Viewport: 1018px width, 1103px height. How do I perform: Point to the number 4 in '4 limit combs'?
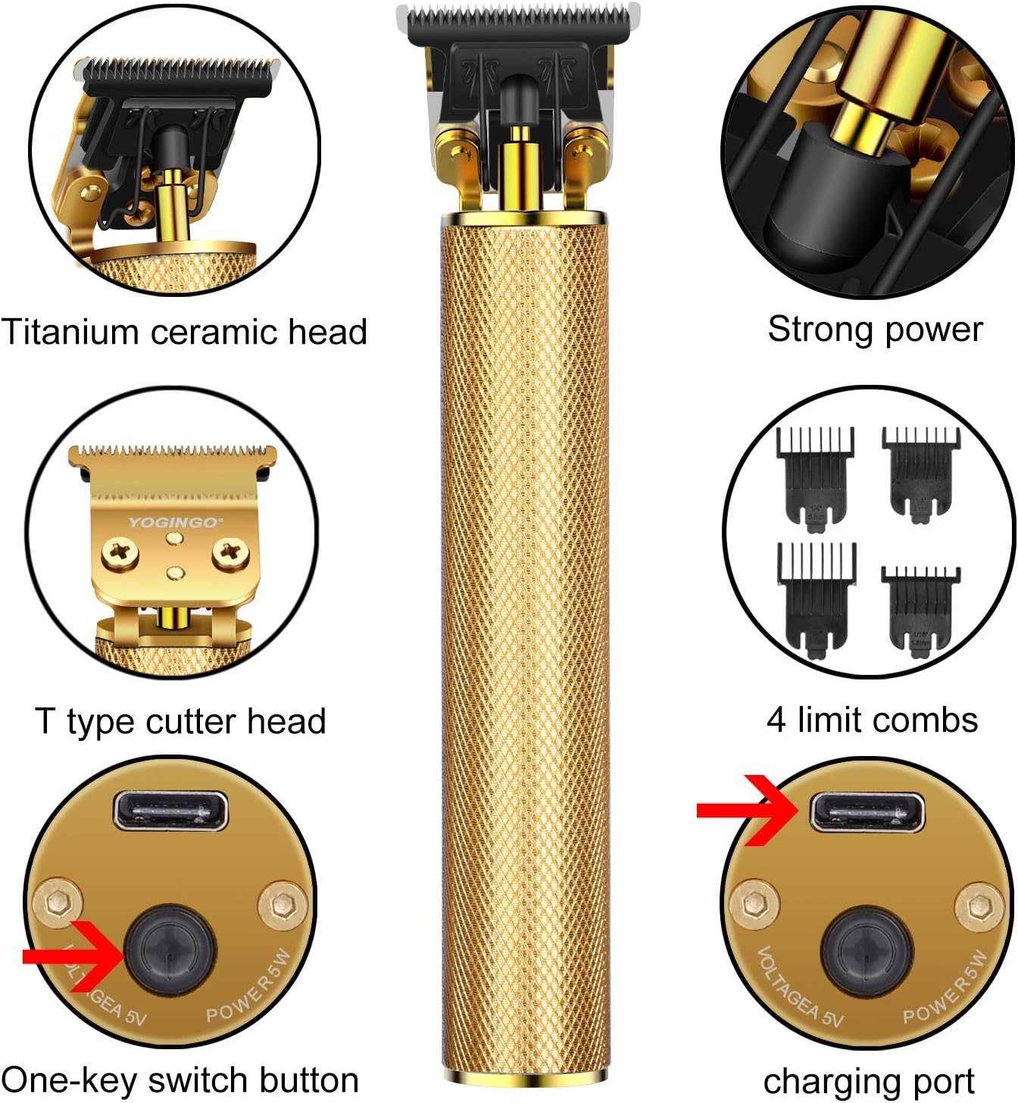point(776,720)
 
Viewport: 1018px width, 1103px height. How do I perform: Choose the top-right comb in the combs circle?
point(920,470)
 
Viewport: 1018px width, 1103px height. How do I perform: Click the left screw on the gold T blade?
point(120,552)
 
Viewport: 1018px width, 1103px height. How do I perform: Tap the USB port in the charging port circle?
point(867,812)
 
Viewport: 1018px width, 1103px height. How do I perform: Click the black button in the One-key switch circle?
point(170,949)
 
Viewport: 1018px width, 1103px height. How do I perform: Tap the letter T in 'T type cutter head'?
point(45,720)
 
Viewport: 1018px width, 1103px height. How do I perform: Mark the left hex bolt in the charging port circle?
point(754,903)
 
